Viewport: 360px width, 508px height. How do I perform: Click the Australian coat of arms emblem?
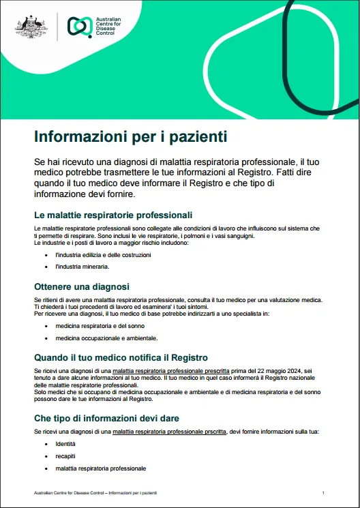pyautogui.click(x=31, y=27)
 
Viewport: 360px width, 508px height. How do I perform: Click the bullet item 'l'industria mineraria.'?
pyautogui.click(x=82, y=267)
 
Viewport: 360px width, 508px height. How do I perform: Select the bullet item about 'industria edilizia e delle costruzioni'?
pyautogui.click(x=103, y=254)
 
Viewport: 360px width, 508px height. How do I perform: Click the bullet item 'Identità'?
pyautogui.click(x=65, y=444)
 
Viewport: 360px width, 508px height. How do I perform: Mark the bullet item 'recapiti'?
pyautogui.click(x=66, y=456)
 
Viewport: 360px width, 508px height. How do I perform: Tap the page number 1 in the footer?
pyautogui.click(x=322, y=492)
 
